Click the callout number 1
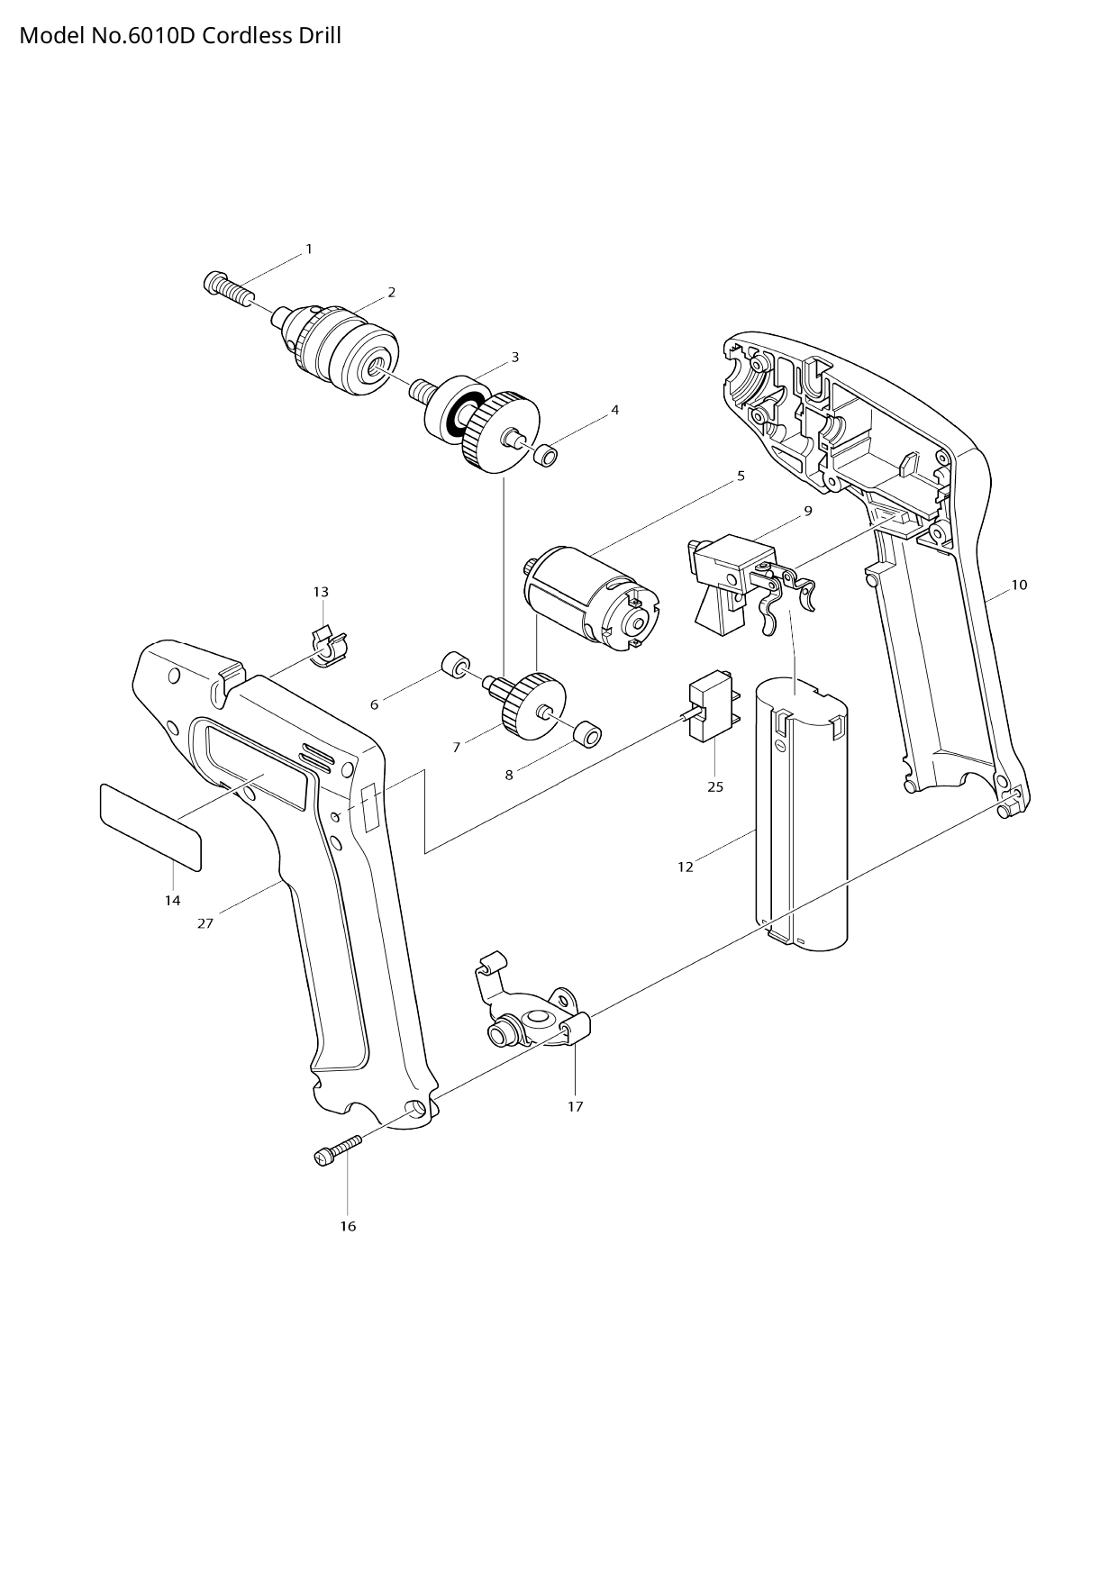[x=309, y=249]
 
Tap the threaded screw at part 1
[x=228, y=288]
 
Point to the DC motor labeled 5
[x=590, y=599]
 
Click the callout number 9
[x=808, y=511]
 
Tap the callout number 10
[x=1019, y=585]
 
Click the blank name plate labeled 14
[x=150, y=826]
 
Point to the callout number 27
[x=205, y=923]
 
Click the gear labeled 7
[x=532, y=707]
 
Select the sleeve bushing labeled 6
[x=456, y=666]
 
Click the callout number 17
[x=576, y=1106]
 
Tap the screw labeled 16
[x=337, y=1150]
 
